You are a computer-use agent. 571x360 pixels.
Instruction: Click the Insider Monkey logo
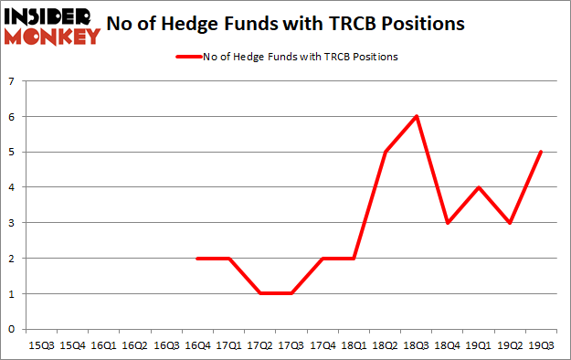51,26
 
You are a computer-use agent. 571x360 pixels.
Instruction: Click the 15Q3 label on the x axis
42,345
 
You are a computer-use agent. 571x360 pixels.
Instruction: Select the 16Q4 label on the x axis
197,345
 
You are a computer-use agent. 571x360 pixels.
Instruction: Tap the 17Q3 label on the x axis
291,345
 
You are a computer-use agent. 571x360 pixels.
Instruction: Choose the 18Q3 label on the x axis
416,345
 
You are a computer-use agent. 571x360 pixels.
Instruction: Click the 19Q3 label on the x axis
540,345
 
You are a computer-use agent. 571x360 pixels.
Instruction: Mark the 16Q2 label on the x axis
135,345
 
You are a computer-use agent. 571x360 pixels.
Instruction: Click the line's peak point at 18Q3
416,116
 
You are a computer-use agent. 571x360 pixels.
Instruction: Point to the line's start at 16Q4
197,258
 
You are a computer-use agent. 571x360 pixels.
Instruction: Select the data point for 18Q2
385,152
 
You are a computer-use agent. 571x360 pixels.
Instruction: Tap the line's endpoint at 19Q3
540,152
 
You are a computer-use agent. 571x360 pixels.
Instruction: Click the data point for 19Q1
478,187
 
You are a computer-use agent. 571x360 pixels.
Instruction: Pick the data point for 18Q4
447,222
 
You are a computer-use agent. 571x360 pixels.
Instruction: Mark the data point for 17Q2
259,293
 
